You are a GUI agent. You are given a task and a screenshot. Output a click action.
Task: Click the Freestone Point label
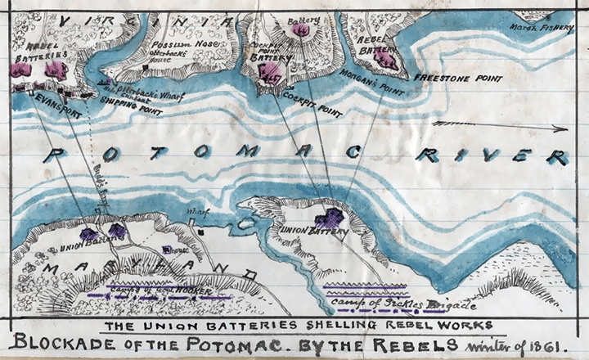click(x=458, y=78)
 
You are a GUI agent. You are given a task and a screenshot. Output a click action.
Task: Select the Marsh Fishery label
click(x=541, y=25)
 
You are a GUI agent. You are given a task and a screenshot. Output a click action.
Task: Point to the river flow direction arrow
click(x=499, y=126)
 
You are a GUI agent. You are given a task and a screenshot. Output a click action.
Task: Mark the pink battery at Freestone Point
click(x=386, y=59)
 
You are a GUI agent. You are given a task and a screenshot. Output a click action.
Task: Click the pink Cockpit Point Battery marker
click(x=268, y=74)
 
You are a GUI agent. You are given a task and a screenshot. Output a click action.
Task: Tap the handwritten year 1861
click(x=542, y=342)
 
